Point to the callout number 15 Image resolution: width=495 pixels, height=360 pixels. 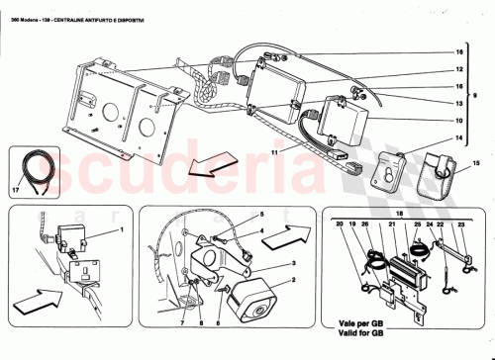pyautogui.click(x=472, y=161)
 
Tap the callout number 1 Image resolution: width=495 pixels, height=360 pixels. pyautogui.click(x=122, y=229)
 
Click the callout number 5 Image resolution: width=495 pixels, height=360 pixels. pyautogui.click(x=261, y=215)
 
